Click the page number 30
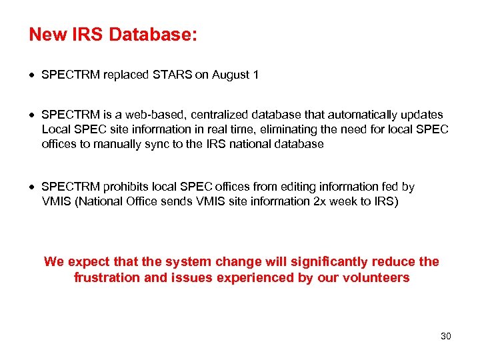point(446,336)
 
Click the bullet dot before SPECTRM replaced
point(33,75)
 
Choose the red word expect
point(87,262)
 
